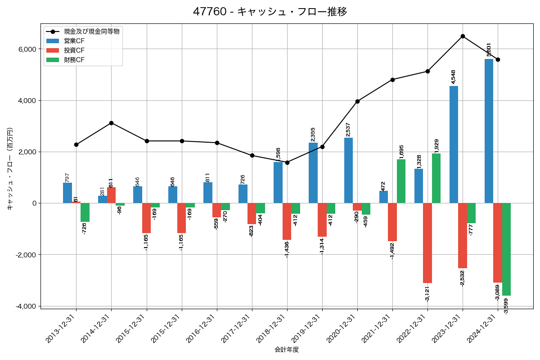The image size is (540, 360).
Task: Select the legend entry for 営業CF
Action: coord(74,41)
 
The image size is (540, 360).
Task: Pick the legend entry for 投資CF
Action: coord(74,50)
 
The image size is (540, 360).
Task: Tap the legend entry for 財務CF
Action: coord(74,59)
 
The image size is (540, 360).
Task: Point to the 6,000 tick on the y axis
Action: coord(27,49)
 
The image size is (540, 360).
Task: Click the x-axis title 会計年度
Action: coord(287,350)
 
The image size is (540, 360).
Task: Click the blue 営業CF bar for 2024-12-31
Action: coord(489,131)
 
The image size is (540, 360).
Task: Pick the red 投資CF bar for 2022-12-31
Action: coord(427,243)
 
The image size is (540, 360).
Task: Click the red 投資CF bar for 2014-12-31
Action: coord(111,195)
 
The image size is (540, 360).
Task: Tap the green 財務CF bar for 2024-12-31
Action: coord(506,249)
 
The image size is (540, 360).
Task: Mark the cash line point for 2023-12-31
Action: coord(463,36)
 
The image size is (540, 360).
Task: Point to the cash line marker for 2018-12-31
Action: coord(287,162)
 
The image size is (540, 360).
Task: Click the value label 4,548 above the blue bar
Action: coord(454,77)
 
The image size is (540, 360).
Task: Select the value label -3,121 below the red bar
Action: coord(427,293)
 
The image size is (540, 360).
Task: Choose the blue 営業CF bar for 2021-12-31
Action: coord(383,197)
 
